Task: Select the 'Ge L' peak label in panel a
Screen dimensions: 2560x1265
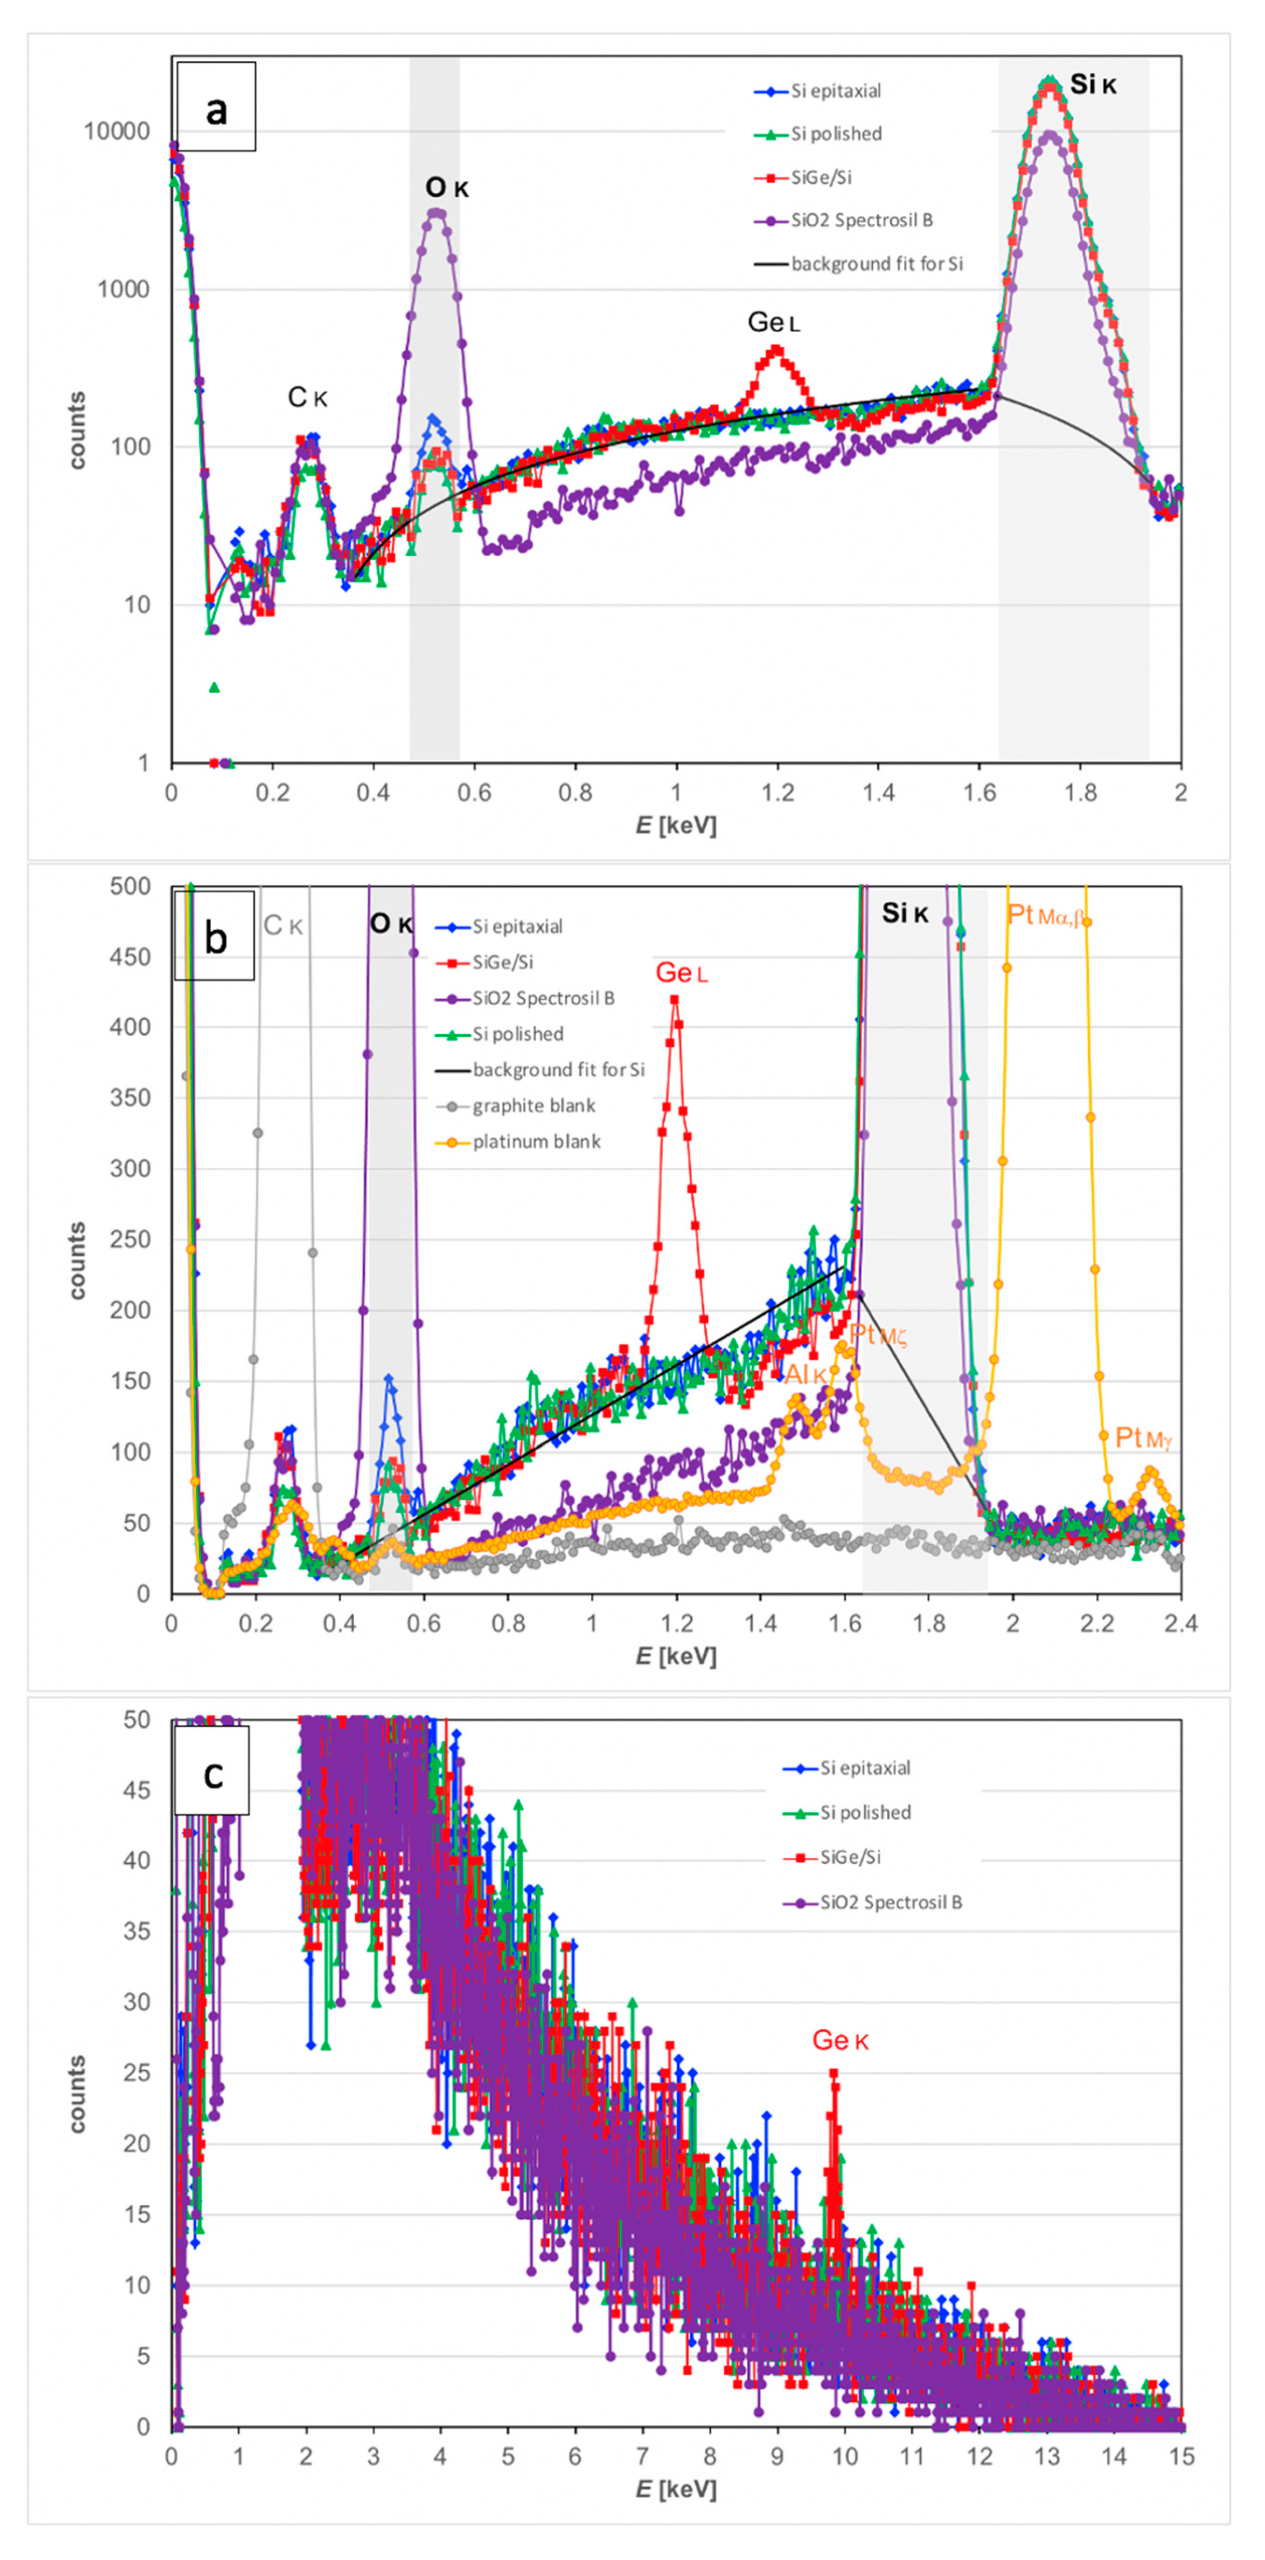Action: click(773, 322)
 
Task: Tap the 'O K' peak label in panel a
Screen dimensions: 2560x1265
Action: click(446, 187)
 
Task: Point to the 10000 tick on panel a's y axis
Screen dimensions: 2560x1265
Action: click(116, 131)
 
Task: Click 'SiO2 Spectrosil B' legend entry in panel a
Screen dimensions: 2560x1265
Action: click(861, 221)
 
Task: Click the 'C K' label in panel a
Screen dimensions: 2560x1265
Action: click(307, 397)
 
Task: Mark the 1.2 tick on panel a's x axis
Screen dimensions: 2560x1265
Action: click(778, 793)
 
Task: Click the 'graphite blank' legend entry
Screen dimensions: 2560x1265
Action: click(533, 1106)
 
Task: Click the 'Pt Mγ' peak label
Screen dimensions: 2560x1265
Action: click(1144, 1437)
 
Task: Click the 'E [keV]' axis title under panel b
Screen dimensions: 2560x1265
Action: click(676, 1657)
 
